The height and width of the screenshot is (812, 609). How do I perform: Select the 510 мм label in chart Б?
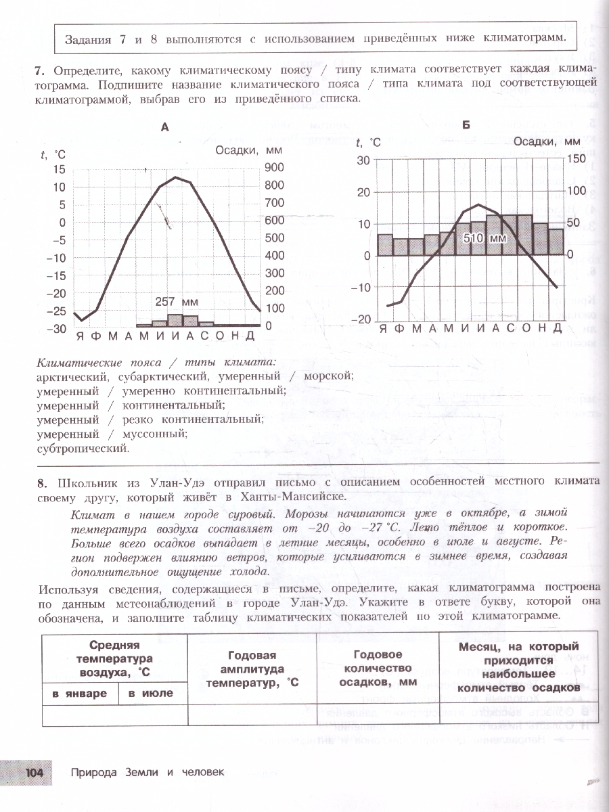coord(484,238)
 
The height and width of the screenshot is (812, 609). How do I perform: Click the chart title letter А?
coord(164,126)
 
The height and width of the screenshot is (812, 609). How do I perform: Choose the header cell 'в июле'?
coord(151,694)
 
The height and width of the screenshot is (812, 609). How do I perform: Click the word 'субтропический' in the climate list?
coord(83,448)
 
